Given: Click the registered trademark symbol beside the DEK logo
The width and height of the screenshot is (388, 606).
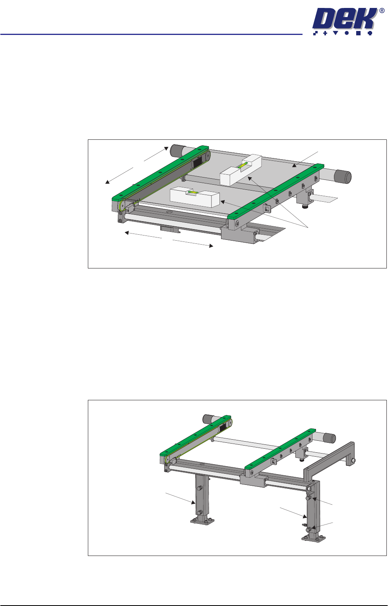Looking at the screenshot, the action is (382, 11).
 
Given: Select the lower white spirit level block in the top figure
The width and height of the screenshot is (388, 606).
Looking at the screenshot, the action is (195, 197).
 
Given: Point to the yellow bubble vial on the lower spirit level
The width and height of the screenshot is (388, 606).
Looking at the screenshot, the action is (193, 192).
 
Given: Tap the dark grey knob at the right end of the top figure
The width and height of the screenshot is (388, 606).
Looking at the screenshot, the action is (343, 177).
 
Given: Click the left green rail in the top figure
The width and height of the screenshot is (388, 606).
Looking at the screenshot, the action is (160, 172).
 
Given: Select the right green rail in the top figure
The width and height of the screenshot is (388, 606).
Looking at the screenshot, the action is (276, 191).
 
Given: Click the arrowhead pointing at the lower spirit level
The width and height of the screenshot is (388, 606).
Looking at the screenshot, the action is (223, 202).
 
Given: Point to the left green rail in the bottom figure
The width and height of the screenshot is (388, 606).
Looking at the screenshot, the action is (196, 435).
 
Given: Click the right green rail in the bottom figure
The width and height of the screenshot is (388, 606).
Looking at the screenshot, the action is (280, 448).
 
